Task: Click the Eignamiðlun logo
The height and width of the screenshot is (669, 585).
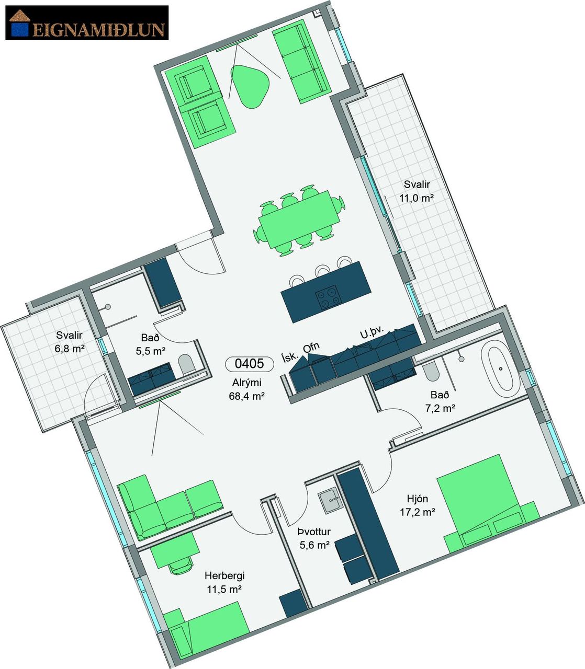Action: (87, 22)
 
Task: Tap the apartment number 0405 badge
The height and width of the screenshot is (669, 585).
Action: (249, 364)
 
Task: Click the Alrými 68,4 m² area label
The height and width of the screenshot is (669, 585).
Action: (247, 389)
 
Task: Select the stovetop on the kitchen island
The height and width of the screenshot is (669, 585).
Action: (328, 297)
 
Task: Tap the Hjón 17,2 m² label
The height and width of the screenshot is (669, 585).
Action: (418, 505)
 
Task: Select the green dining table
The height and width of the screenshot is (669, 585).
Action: (299, 220)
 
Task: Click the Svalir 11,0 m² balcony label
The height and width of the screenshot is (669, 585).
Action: (417, 191)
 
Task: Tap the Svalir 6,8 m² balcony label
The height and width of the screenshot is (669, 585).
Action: (70, 342)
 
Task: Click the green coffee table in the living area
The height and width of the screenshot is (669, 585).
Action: (250, 87)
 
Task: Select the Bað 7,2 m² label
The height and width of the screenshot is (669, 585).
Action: (440, 401)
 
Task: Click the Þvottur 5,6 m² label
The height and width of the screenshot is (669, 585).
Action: (314, 538)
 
